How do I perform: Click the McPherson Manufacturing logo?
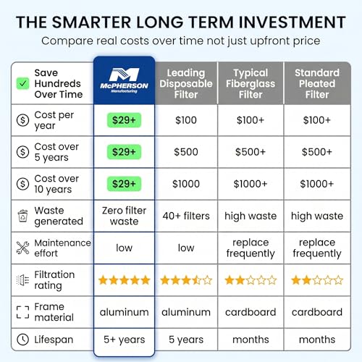click(x=124, y=80)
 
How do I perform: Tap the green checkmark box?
click(x=22, y=83)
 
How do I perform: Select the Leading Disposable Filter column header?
click(x=186, y=83)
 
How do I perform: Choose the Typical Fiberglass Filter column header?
click(x=251, y=83)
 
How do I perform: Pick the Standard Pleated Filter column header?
click(x=317, y=83)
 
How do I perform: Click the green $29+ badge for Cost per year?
click(x=124, y=120)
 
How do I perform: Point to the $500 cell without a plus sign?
click(x=186, y=152)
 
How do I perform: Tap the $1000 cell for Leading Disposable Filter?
click(x=186, y=184)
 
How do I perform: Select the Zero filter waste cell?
click(x=124, y=216)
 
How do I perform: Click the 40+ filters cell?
click(x=186, y=216)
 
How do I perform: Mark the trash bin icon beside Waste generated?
click(x=23, y=216)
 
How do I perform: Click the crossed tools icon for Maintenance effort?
click(x=22, y=248)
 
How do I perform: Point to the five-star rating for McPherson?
click(x=124, y=280)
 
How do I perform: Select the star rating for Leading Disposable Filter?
click(x=186, y=280)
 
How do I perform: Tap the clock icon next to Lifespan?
click(x=22, y=340)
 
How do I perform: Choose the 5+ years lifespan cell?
click(x=124, y=340)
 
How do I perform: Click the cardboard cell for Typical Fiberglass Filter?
click(x=251, y=312)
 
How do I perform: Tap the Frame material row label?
click(x=54, y=312)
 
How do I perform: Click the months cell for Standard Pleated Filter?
click(x=317, y=340)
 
